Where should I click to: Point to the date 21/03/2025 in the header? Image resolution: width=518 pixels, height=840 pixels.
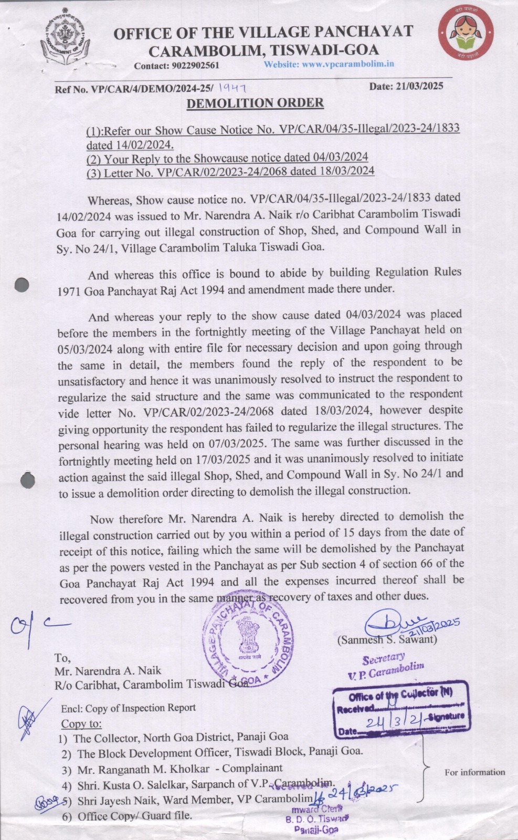coord(420,86)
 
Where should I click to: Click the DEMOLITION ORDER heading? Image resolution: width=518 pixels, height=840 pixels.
coord(255,103)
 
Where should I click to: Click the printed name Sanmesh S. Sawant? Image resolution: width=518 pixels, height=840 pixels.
coord(388,640)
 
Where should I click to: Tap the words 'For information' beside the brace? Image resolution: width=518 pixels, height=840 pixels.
coord(474,772)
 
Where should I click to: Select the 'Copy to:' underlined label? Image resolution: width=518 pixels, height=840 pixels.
coord(81,723)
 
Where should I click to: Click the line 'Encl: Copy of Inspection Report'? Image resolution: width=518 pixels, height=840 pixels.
coord(128,708)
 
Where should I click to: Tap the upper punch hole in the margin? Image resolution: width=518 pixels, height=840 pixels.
coord(22,285)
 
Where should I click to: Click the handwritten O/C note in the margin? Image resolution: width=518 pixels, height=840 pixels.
coord(37,626)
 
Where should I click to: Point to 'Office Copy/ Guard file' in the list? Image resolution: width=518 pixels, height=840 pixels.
coord(135,816)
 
